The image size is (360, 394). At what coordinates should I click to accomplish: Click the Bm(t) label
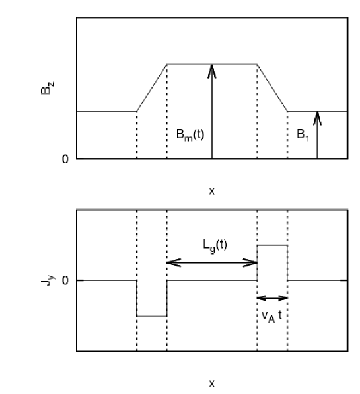[x=190, y=133]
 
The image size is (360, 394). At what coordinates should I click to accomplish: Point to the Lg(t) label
[x=212, y=244]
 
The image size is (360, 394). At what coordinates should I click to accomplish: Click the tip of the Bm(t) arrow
[x=212, y=65]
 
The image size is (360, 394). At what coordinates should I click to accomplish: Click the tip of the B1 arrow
[x=317, y=113]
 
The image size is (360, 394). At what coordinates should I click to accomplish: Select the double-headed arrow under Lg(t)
[x=211, y=263]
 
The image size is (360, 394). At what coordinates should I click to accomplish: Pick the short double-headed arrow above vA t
[x=272, y=298]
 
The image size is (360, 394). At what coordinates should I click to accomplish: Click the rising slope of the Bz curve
[x=151, y=88]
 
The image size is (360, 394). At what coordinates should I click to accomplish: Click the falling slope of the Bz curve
[x=272, y=88]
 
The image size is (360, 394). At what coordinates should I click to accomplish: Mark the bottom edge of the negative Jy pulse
[x=151, y=316]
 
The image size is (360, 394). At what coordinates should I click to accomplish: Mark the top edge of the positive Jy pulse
[x=272, y=245]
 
